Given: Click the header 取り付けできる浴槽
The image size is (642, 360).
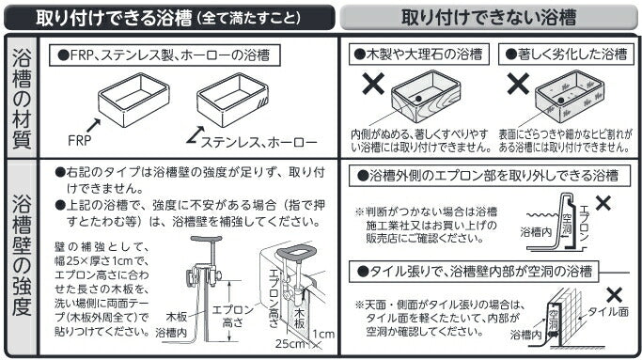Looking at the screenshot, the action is [114, 18].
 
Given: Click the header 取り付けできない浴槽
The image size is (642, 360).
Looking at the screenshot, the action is [489, 18].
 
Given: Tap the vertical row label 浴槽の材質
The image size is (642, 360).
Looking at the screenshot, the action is [22, 98].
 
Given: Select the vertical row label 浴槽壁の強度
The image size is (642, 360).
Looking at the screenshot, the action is [22, 254].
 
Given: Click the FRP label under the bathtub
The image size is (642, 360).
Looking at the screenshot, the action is [80, 140].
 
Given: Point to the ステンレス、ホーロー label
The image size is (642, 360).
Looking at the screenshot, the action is [258, 143].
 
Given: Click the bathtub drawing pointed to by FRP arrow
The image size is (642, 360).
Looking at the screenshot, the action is [133, 100].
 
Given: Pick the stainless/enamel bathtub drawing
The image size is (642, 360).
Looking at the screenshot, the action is [232, 100].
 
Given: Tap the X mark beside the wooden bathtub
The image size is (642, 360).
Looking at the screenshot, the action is [373, 84].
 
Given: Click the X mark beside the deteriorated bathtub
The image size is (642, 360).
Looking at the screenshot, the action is [518, 84].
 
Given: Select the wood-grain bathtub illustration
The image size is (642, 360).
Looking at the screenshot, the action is [426, 96].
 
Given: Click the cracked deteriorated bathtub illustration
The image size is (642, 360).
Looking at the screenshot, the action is [570, 96].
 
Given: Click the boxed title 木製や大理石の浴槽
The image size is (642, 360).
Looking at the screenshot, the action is [419, 55].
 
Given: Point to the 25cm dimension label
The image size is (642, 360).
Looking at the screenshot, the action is [290, 343].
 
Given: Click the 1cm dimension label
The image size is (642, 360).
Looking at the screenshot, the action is [323, 334].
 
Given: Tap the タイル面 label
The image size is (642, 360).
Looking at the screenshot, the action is [608, 312].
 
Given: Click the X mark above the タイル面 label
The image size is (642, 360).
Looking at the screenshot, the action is [614, 295].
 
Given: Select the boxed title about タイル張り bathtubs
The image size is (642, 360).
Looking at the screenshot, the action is [474, 271].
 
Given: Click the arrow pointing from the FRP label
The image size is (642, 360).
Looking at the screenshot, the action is [94, 125].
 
